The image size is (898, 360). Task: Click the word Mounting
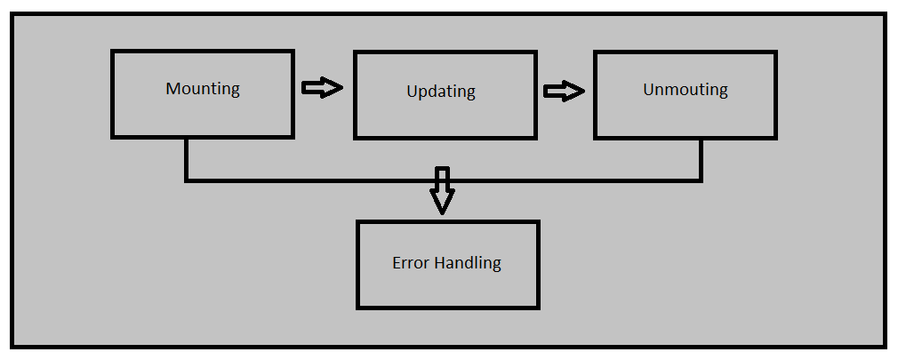[203, 89]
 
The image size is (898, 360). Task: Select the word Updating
[441, 92]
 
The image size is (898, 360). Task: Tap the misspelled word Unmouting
[685, 90]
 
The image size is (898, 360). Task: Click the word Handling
[469, 263]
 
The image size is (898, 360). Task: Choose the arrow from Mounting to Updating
[322, 87]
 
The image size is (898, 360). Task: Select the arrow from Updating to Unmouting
[564, 91]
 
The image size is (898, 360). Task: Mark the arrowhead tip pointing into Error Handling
[442, 213]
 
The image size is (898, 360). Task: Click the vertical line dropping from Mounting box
[186, 160]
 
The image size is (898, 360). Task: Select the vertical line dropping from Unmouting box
[701, 160]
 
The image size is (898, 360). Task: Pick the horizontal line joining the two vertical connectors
[311, 180]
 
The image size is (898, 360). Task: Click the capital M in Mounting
[172, 89]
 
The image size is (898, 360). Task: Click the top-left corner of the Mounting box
[113, 52]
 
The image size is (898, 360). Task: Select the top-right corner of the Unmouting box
[775, 52]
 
